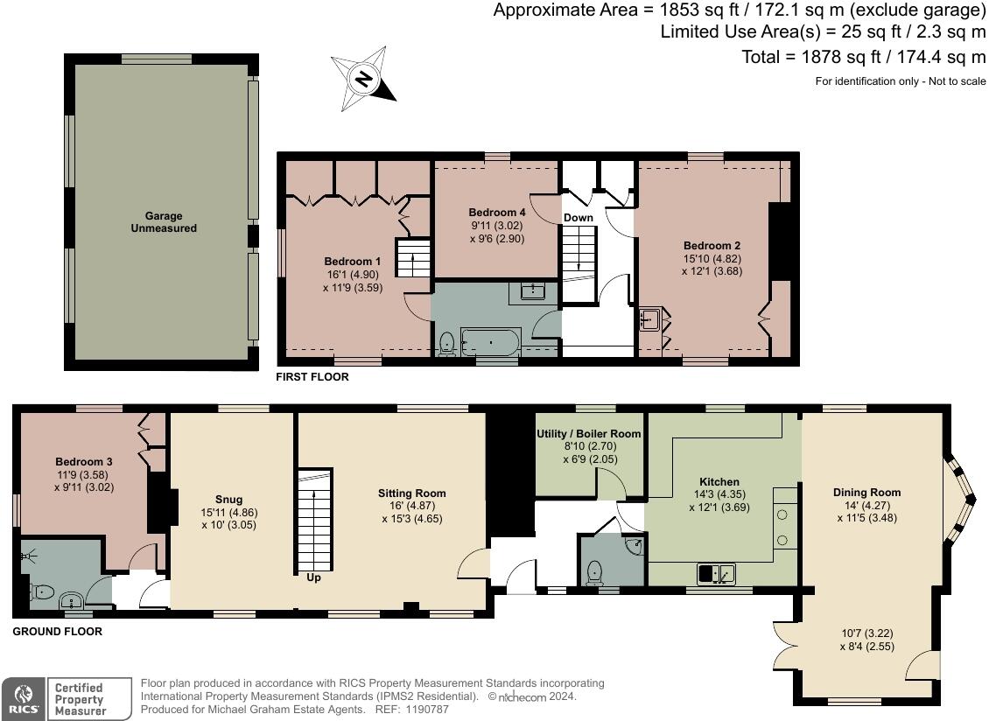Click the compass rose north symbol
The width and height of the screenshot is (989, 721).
[363, 79]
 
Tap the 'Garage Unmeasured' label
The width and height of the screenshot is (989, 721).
[164, 222]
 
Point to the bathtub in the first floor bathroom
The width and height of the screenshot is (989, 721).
[490, 339]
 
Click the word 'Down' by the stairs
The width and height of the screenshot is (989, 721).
[578, 218]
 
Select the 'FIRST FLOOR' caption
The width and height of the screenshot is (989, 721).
[312, 377]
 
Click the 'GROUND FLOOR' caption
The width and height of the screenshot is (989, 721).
[58, 631]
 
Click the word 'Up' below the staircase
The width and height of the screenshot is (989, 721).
[313, 577]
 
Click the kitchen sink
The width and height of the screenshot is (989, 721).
[715, 574]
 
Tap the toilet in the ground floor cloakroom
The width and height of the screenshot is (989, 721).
[595, 572]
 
